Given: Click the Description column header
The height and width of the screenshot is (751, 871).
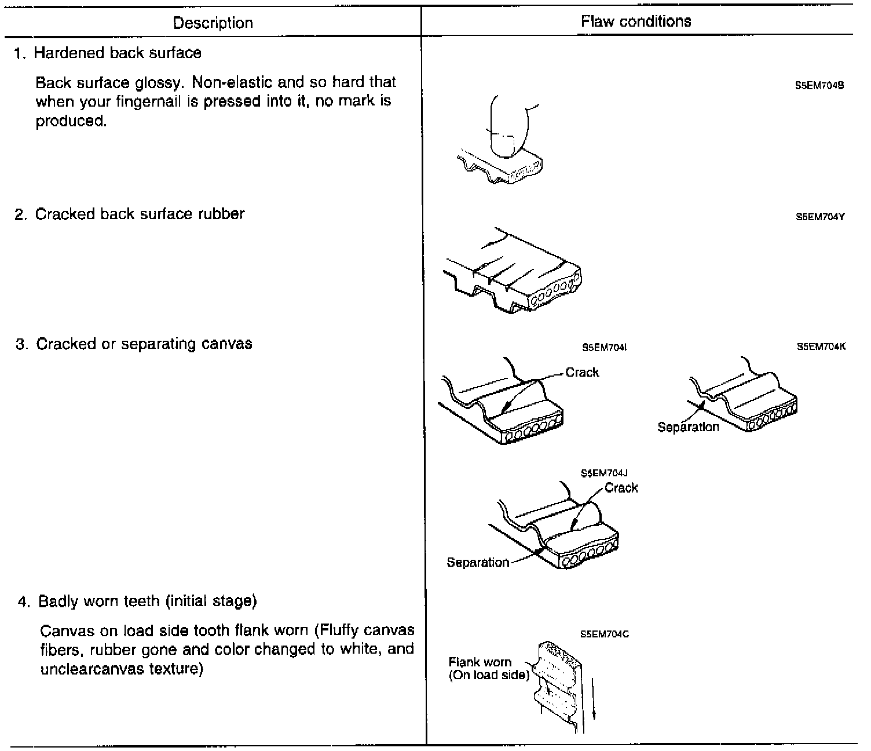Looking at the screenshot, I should click(x=213, y=23).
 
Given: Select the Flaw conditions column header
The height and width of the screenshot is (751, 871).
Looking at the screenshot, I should click(x=636, y=21).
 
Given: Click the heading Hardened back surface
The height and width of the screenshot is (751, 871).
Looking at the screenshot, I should click(x=118, y=53).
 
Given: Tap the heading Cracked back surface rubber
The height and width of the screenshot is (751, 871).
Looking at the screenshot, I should click(x=140, y=214).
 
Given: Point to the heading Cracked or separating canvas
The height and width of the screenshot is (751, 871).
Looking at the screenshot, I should click(x=144, y=344).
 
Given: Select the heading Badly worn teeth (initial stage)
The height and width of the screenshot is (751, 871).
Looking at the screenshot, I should click(x=147, y=601).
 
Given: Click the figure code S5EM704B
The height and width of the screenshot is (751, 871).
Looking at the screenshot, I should click(x=819, y=85).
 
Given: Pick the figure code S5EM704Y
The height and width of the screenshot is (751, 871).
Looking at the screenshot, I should click(x=820, y=217).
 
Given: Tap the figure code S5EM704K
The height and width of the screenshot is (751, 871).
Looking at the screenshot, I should click(x=821, y=347).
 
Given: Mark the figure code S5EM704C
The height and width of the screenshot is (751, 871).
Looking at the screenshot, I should click(x=605, y=634).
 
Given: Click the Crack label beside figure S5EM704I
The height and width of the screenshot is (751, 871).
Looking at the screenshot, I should click(x=582, y=373).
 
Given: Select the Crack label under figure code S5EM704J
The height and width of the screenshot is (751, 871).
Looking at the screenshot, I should click(x=621, y=488).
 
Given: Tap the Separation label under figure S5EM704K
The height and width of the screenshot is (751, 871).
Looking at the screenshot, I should click(x=688, y=427).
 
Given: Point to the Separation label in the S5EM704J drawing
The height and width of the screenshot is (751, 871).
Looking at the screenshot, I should click(x=478, y=562).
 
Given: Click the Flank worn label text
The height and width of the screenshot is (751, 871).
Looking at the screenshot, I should click(x=480, y=662).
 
